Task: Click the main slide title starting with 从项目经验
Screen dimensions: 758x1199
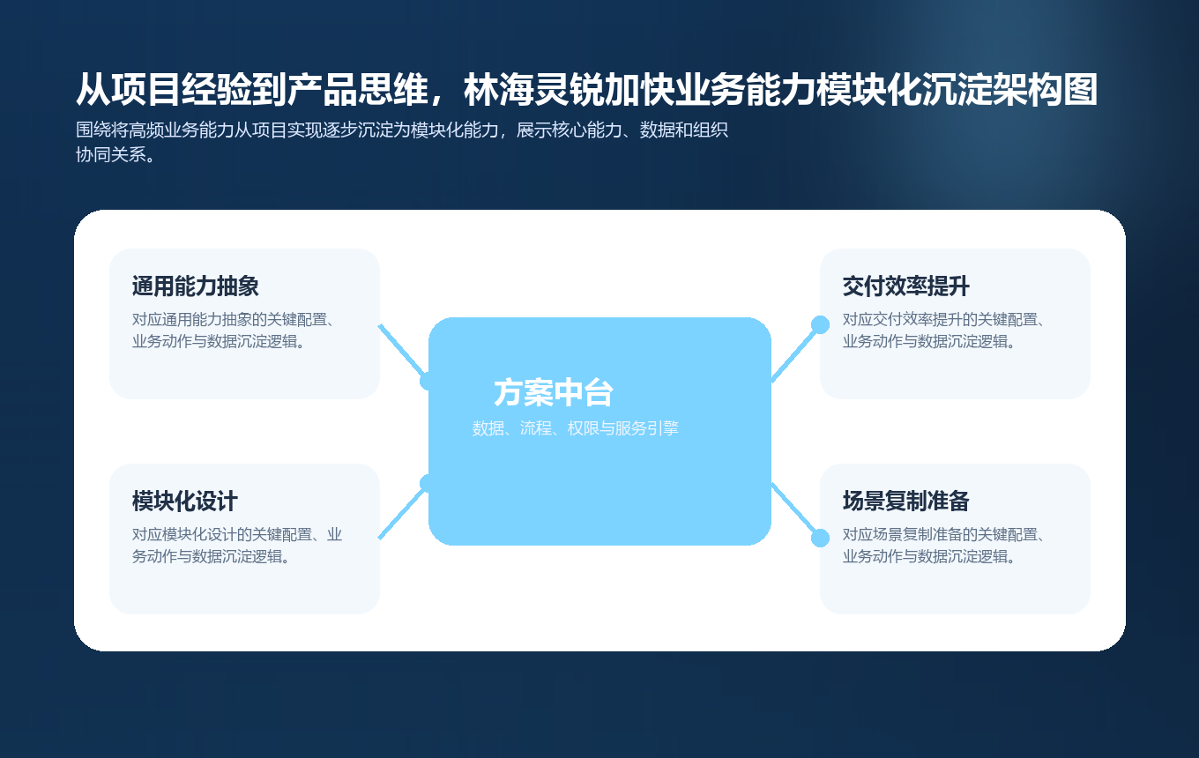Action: click(x=586, y=90)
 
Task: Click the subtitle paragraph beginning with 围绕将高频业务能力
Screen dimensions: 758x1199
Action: click(x=402, y=143)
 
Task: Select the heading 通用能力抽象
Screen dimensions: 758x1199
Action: click(x=195, y=286)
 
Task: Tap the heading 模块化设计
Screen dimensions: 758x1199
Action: click(x=185, y=502)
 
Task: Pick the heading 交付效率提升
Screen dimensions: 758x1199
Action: click(x=906, y=286)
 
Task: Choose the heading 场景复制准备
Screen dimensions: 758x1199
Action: click(x=906, y=502)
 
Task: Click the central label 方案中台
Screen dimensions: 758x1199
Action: click(x=554, y=393)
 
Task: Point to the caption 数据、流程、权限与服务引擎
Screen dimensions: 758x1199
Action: click(x=575, y=428)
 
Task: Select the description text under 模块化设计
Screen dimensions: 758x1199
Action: click(x=237, y=546)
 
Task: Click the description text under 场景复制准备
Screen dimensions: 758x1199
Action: click(x=943, y=546)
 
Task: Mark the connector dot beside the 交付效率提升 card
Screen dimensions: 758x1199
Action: click(x=820, y=324)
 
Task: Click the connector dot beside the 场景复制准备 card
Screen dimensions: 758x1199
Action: click(x=820, y=538)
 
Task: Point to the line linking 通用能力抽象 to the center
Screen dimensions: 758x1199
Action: click(x=402, y=351)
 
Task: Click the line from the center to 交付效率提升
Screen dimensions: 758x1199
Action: click(x=795, y=353)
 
